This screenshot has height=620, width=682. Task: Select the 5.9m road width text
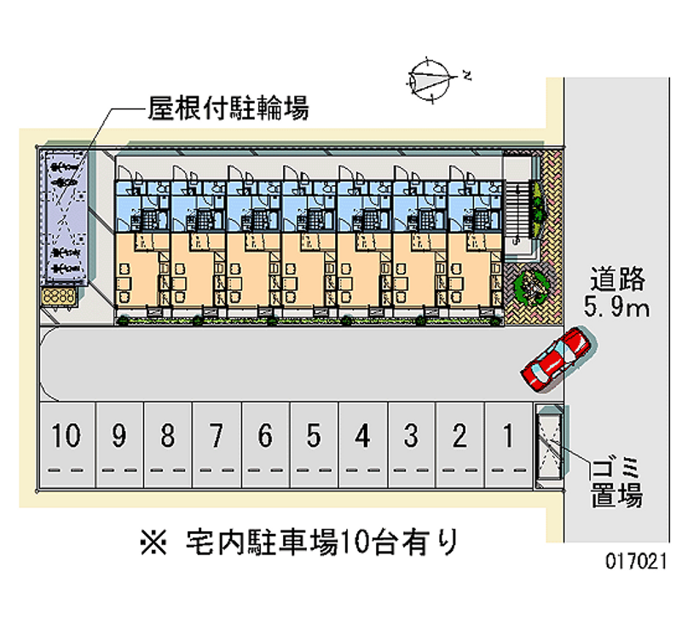coord(618,307)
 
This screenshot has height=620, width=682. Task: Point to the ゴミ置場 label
coord(618,482)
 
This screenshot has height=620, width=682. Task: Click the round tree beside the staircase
coord(529,286)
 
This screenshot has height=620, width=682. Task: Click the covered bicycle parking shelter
coord(66,218)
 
